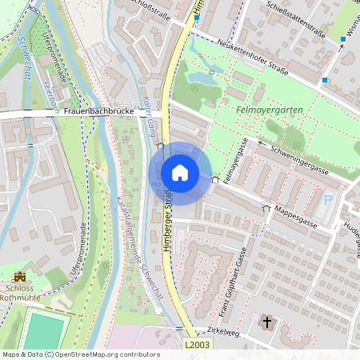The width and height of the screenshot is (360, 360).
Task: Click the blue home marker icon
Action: (x=180, y=173)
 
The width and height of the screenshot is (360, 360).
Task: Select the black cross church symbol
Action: (x=266, y=324)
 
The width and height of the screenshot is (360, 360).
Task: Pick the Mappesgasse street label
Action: (x=293, y=215)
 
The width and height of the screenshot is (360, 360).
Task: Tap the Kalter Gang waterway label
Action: (x=149, y=117)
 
